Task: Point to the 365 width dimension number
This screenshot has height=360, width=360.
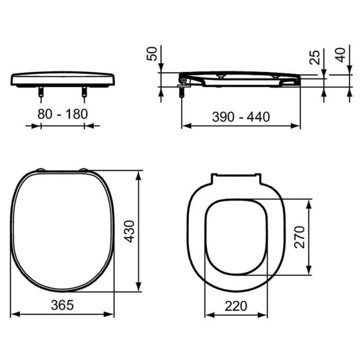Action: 63,305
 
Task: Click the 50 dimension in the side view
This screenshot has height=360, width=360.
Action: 152,53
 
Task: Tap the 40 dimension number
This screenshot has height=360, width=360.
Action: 340,55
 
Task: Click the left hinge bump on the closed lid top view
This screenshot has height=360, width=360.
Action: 40,170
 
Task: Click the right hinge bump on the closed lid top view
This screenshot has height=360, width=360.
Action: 85,170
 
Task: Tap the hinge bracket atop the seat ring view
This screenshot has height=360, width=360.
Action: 236,178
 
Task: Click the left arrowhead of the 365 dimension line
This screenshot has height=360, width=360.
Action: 14,313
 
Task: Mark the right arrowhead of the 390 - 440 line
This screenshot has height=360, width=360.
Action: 297,125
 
